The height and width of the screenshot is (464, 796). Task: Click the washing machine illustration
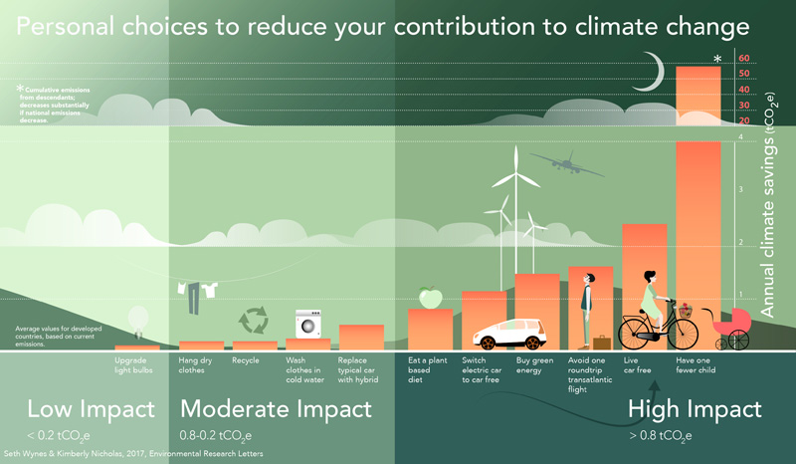pyautogui.click(x=307, y=326)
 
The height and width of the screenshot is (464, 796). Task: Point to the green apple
pyautogui.click(x=429, y=298)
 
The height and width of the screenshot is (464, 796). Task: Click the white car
pyautogui.click(x=506, y=335)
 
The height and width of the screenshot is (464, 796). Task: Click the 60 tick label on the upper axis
pyautogui.click(x=743, y=58)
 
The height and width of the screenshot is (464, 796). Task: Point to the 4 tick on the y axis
pyautogui.click(x=740, y=137)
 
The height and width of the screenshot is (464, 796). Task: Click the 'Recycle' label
pyautogui.click(x=246, y=359)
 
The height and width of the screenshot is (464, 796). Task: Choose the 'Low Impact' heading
pyautogui.click(x=91, y=408)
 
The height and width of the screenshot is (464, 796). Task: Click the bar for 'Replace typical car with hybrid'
pyautogui.click(x=361, y=338)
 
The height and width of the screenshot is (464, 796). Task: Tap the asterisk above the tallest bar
pyautogui.click(x=716, y=60)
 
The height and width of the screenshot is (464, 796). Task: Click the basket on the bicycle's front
pyautogui.click(x=685, y=310)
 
